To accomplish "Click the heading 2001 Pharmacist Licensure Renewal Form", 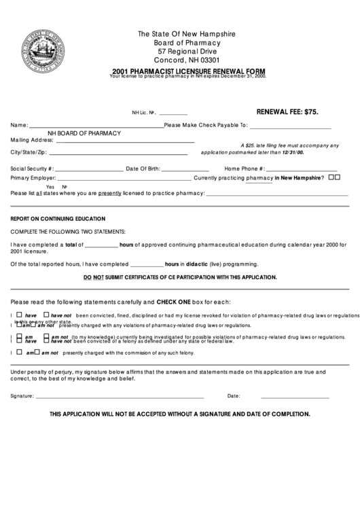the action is pyautogui.click(x=189, y=71).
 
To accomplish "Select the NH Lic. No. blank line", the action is pyautogui.click(x=173, y=113).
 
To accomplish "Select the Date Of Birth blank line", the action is pyautogui.click(x=185, y=170).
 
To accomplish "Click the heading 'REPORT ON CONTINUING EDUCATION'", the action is pyautogui.click(x=57, y=219).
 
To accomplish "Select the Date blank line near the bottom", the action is pyautogui.click(x=295, y=397).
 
